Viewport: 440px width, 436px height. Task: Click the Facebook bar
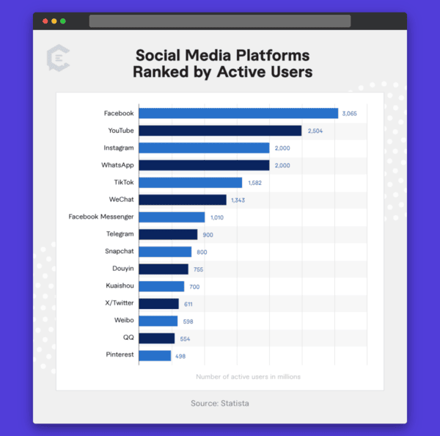[238, 113]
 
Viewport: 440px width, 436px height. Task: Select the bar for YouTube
[220, 131]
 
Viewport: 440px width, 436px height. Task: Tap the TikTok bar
[190, 183]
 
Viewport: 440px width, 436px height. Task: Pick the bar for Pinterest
[155, 356]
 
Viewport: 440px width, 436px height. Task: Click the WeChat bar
[182, 200]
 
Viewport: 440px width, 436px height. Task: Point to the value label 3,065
[349, 114]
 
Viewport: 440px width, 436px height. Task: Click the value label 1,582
[254, 183]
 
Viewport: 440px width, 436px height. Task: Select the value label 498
[180, 356]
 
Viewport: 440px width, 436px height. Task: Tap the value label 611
[188, 304]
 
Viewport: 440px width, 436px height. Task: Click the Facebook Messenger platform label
[101, 217]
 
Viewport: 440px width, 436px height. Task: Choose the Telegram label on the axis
[120, 234]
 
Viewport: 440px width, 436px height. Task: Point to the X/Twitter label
[119, 303]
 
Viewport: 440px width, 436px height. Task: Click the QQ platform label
[128, 338]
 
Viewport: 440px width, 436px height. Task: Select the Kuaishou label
[120, 286]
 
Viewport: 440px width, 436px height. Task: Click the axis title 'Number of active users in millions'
[248, 377]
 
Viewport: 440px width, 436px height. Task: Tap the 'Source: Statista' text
[220, 403]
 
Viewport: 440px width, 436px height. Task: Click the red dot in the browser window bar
[45, 21]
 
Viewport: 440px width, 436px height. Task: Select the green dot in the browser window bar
[63, 21]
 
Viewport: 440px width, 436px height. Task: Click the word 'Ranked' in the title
[163, 72]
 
